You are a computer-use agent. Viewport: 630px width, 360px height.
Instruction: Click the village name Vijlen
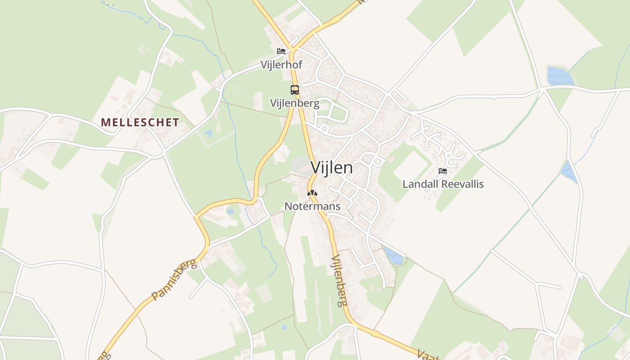[x=332, y=168]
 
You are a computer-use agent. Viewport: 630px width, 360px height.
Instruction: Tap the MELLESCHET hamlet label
[x=140, y=122]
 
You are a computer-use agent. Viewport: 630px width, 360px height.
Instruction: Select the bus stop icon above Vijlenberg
[x=294, y=90]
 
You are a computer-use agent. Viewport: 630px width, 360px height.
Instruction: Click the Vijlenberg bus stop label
[x=294, y=103]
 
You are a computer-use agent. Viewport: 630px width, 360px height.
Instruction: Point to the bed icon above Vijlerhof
[x=281, y=51]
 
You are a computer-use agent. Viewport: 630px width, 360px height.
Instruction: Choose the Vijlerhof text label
[x=281, y=65]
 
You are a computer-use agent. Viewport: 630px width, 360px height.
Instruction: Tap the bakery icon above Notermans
[x=312, y=193]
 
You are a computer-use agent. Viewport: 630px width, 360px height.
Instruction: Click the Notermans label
[x=312, y=206]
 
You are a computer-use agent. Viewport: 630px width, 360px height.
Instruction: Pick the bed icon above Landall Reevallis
[x=443, y=171]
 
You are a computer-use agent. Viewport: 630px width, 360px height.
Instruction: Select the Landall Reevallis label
[x=443, y=184]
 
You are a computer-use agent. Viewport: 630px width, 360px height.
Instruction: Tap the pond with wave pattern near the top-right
[x=559, y=76]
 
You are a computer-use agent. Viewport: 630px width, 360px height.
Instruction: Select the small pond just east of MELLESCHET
[x=208, y=133]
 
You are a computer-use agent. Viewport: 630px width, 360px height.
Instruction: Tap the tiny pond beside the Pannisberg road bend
[x=230, y=211]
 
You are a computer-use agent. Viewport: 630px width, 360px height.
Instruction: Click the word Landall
[x=418, y=184]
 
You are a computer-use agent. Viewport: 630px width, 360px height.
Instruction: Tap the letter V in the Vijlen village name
[x=316, y=168]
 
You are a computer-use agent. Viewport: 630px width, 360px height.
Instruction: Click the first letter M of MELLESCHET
[x=105, y=122]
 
